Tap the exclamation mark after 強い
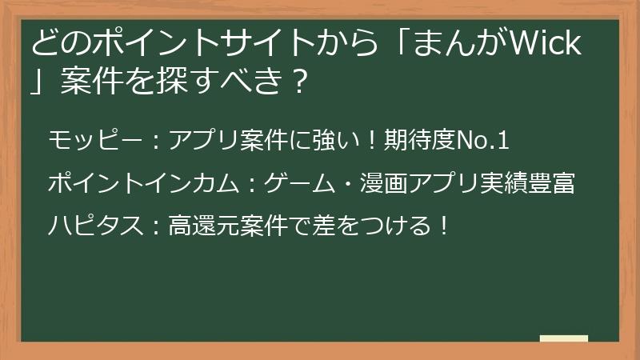367,142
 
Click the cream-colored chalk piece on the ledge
563,340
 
